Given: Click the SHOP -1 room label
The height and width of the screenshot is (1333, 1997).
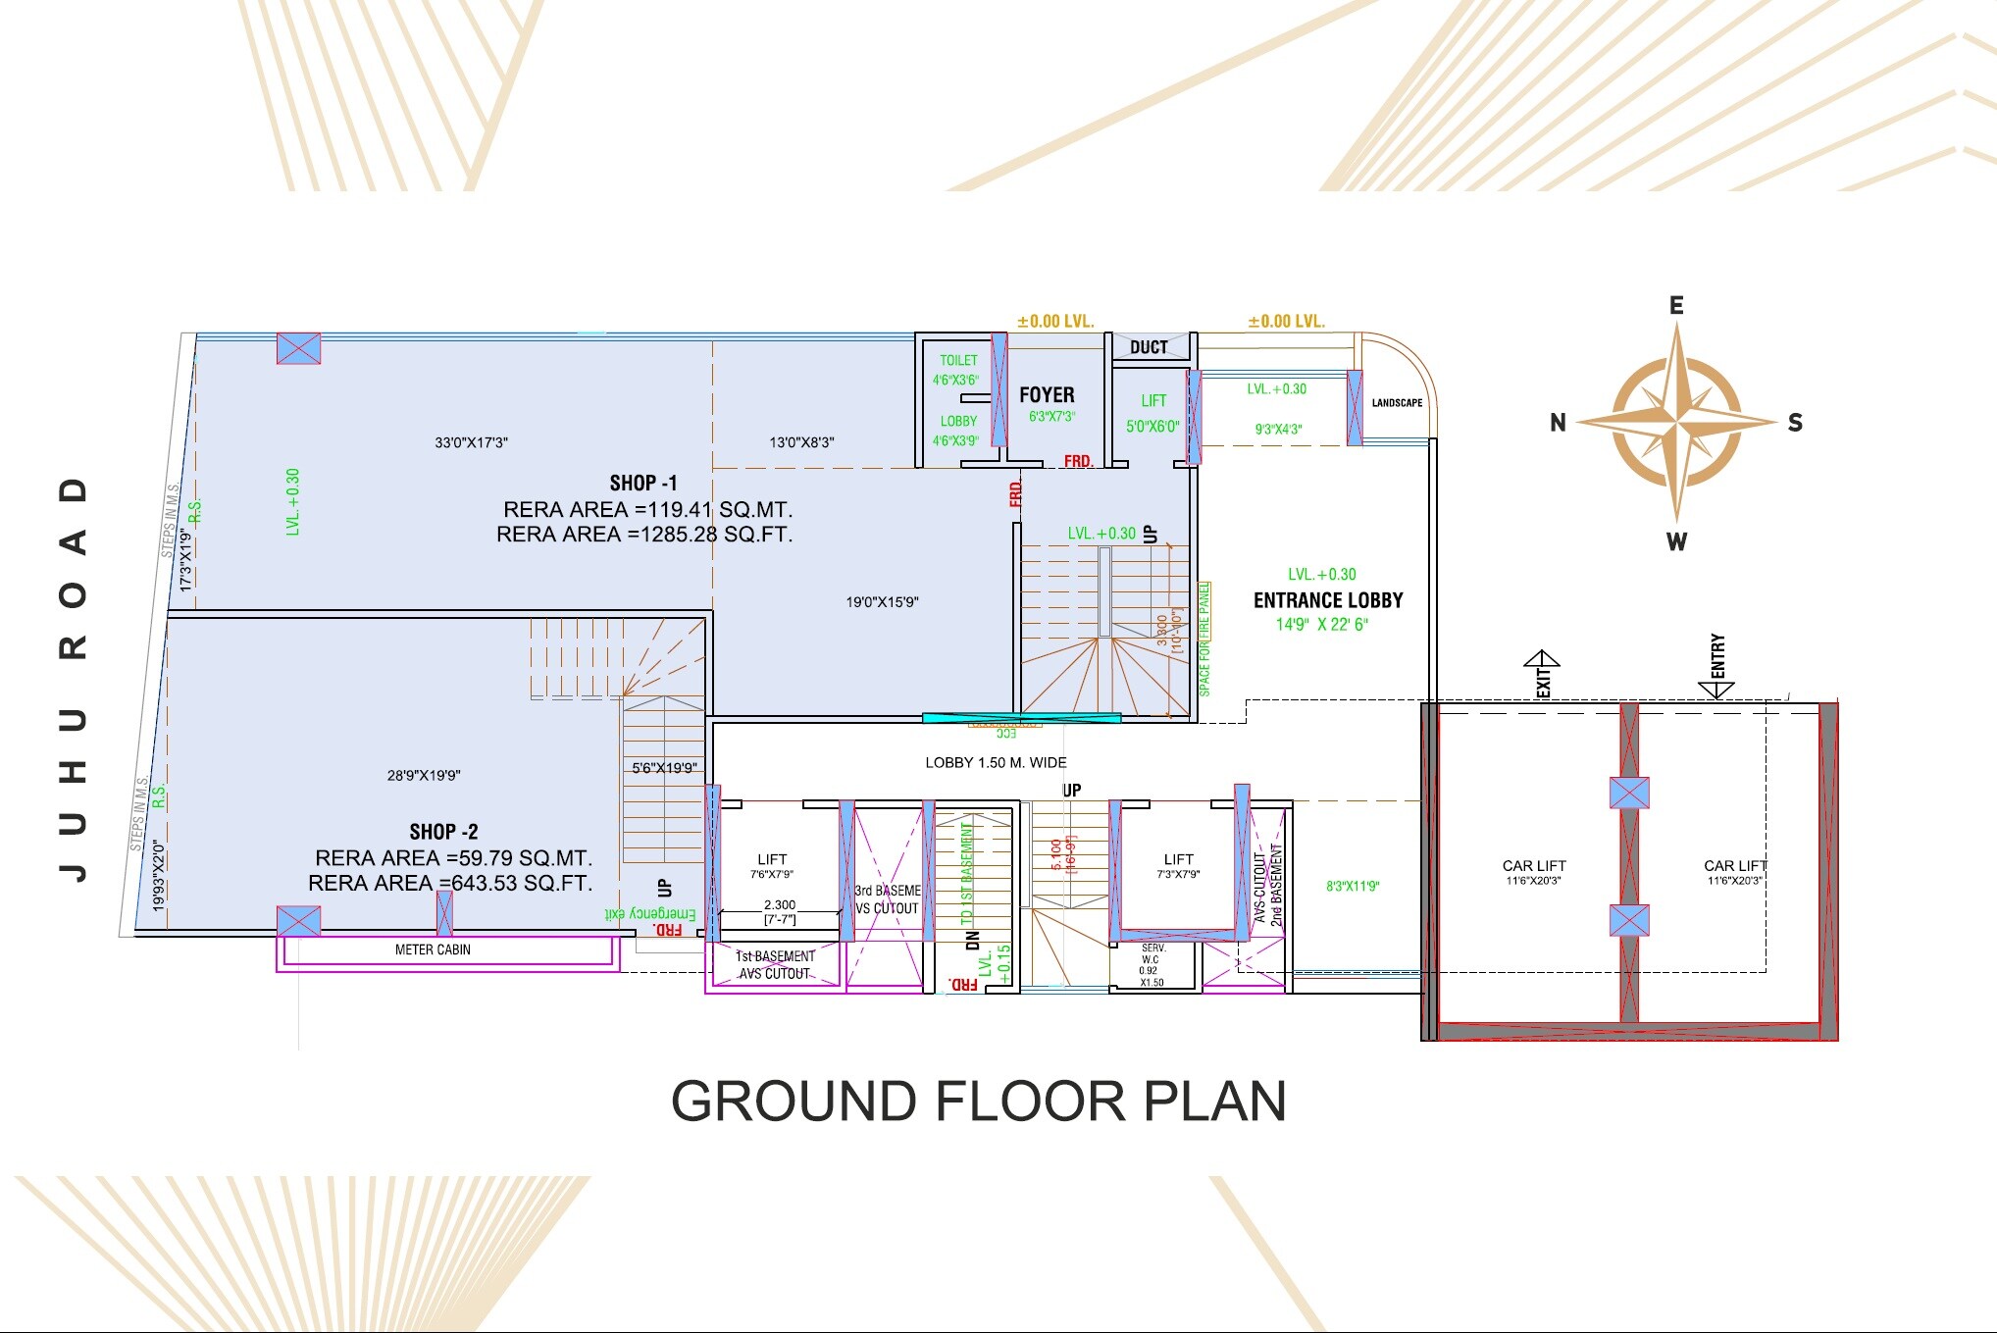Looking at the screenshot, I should [x=643, y=483].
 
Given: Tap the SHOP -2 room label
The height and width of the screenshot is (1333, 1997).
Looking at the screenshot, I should [x=443, y=832].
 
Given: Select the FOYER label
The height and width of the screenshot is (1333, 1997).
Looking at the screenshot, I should [x=1047, y=395].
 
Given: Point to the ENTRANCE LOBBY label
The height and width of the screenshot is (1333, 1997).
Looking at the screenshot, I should [x=1328, y=600].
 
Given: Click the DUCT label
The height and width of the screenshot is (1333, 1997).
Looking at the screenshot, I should [x=1149, y=347].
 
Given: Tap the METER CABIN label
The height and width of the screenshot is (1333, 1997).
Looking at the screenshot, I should [x=433, y=949].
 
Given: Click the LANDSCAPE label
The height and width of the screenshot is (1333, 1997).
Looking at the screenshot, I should [x=1397, y=403].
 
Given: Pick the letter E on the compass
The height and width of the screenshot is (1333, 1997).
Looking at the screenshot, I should [x=1676, y=306].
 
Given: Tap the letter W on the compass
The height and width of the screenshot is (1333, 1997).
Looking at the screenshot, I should [x=1676, y=541].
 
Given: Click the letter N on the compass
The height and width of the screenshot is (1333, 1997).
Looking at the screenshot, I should [x=1558, y=423].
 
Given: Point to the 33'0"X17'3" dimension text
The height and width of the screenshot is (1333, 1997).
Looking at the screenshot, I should [x=471, y=442].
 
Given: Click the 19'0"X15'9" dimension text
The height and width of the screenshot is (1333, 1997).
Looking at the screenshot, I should [x=882, y=602].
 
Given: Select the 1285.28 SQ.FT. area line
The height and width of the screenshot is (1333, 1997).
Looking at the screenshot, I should [x=644, y=535].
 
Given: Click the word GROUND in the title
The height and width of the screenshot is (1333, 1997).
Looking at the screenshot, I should [x=794, y=1102].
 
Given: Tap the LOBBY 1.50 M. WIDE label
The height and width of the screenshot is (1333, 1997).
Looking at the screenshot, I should [x=996, y=762].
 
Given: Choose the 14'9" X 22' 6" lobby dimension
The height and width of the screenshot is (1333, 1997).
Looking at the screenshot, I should [x=1321, y=625].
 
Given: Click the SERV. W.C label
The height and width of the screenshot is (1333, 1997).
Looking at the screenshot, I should [x=1152, y=954].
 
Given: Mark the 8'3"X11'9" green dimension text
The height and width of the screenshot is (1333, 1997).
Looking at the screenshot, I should [x=1353, y=887].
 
